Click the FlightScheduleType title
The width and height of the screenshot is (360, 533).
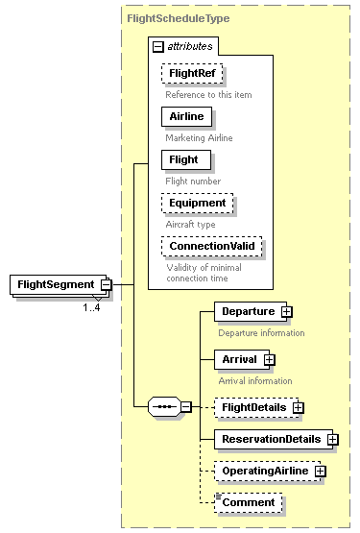164,17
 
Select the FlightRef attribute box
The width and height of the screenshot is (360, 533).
192,74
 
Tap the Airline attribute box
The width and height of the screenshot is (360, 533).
186,116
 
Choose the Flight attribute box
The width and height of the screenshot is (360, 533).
183,158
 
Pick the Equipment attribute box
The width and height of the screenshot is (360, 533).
197,203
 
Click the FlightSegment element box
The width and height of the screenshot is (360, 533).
55,284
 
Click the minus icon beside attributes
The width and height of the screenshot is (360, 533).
157,46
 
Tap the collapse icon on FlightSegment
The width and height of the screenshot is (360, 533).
107,284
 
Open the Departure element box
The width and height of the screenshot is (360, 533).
248,311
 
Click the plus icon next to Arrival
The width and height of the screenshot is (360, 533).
270,359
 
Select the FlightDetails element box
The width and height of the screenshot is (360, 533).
253,407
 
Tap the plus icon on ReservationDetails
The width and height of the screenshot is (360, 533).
333,439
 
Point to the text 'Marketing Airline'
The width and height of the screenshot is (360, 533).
198,138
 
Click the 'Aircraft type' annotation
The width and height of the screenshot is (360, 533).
192,224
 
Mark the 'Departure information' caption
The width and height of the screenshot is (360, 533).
261,333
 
